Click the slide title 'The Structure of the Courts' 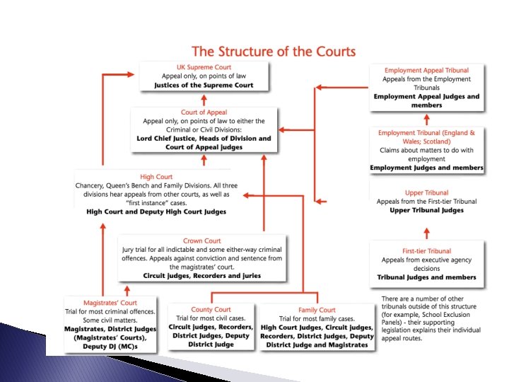(x=274, y=51)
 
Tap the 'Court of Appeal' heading (x=204, y=112)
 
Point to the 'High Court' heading (x=156, y=176)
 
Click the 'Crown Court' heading (x=202, y=241)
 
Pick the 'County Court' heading (x=211, y=310)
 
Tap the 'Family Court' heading (x=317, y=310)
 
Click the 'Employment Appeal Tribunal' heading (x=426, y=71)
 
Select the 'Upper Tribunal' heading (x=426, y=192)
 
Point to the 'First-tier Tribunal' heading (x=426, y=251)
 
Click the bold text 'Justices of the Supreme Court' (x=204, y=85)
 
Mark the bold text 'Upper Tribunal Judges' (x=426, y=210)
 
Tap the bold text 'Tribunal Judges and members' (x=426, y=277)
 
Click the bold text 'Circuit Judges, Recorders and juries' (x=202, y=275)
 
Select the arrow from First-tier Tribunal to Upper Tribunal (x=426, y=231)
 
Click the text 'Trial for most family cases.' (x=317, y=318)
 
